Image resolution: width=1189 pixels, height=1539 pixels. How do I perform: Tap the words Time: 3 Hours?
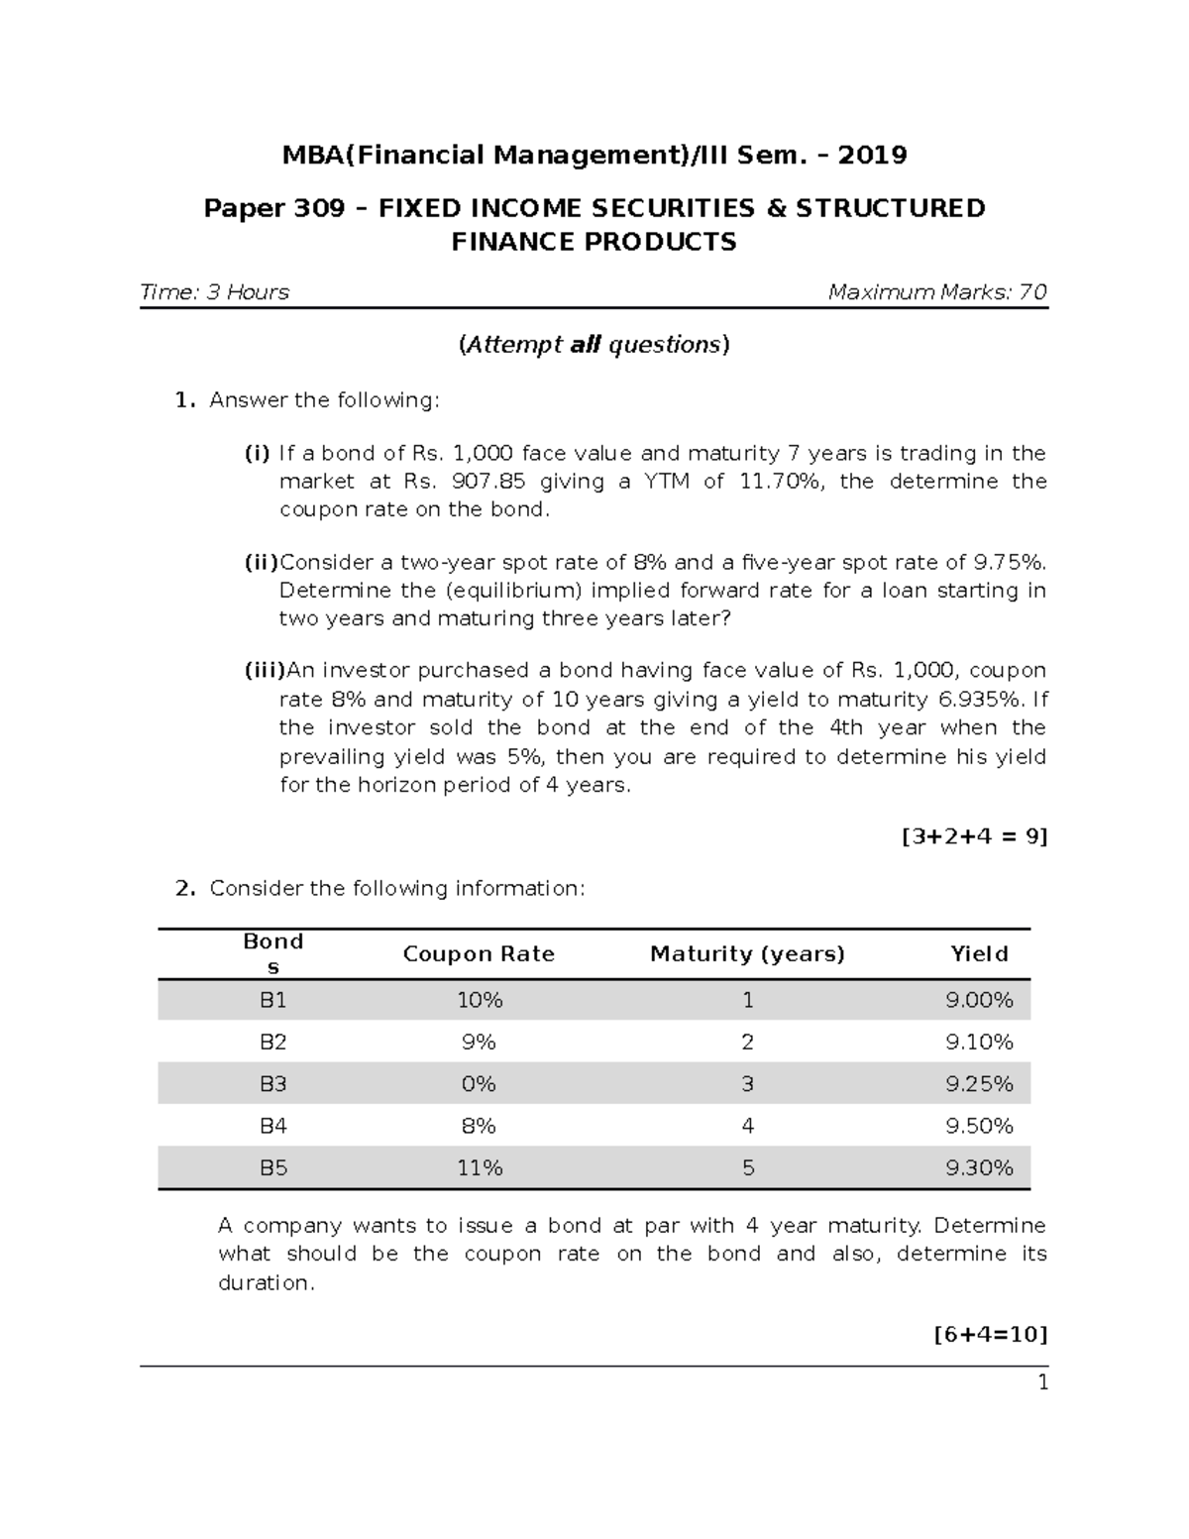point(215,292)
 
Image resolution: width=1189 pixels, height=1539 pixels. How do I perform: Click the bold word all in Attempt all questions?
point(586,345)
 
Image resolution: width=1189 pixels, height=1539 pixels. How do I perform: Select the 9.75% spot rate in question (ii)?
point(1010,563)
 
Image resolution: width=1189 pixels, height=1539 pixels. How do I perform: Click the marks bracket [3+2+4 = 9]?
point(974,836)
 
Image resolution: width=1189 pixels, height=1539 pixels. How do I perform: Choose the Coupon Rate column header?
point(479,954)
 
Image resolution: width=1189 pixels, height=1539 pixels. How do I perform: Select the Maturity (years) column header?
point(747,954)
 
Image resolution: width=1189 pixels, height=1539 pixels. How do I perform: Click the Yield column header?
point(979,954)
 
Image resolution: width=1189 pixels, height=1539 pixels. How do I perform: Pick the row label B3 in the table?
point(273,1084)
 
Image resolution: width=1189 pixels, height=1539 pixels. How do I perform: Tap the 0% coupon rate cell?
point(479,1084)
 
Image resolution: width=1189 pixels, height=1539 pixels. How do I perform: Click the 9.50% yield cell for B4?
point(979,1127)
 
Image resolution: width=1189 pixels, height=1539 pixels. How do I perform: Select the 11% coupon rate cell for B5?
point(480,1168)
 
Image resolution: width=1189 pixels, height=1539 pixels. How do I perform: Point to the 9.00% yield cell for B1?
point(979,1001)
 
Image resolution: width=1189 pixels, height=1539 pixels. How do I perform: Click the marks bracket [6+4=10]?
point(990,1334)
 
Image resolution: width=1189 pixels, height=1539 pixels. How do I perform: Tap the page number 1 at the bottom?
point(1042,1383)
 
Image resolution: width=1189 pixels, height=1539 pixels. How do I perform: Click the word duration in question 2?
point(265,1283)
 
